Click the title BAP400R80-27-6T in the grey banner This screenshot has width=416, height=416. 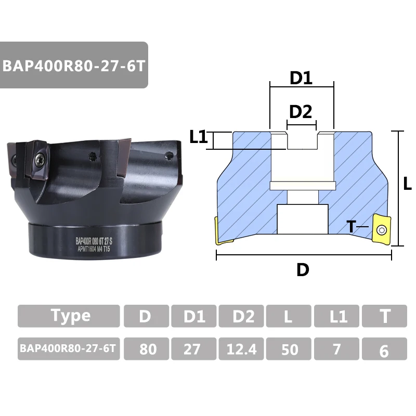74,67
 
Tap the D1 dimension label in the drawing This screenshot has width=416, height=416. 301,79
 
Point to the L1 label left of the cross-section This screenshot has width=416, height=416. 199,137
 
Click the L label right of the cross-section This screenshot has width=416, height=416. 408,183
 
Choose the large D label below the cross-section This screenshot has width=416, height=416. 303,269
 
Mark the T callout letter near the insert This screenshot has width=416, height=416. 352,227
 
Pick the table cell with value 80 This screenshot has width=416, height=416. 147,349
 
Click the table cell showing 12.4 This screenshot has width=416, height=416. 241,349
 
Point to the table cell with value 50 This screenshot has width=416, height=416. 289,349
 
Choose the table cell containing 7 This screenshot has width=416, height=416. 336,349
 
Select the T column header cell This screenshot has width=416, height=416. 384,316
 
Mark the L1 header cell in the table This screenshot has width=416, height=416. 336,316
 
